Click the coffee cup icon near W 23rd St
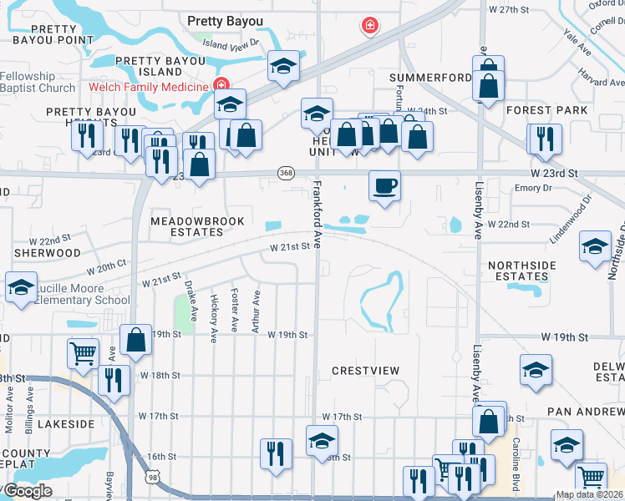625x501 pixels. [384, 186]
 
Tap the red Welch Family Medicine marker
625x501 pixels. [221, 84]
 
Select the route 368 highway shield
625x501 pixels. [287, 173]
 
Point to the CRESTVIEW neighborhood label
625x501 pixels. [365, 370]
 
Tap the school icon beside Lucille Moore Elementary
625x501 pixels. [21, 288]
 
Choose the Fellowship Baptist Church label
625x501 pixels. [38, 82]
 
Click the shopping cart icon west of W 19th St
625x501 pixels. [83, 354]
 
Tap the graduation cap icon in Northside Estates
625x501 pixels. [595, 246]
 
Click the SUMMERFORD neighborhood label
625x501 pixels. [430, 78]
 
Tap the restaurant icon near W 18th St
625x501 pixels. [114, 380]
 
